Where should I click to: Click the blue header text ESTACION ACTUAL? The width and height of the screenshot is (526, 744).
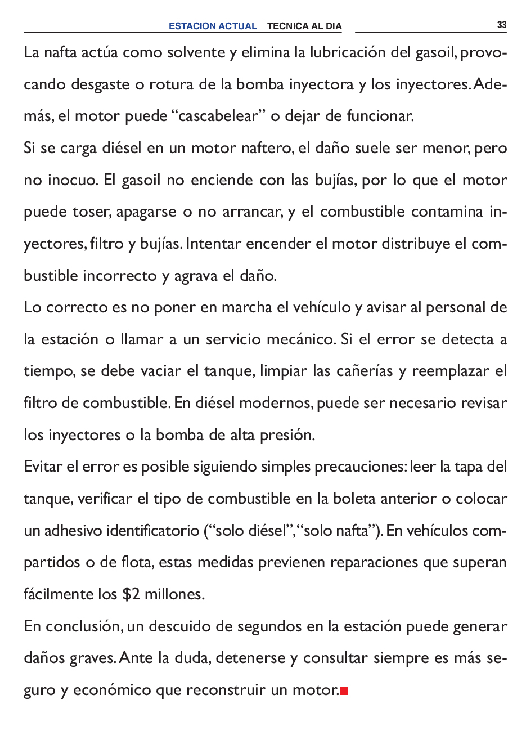(x=213, y=26)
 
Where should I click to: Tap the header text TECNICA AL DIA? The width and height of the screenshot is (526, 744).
(x=304, y=26)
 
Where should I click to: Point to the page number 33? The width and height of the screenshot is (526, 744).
(x=502, y=25)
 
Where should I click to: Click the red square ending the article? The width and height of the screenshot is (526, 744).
(x=345, y=691)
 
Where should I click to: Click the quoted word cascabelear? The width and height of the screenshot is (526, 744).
(x=218, y=116)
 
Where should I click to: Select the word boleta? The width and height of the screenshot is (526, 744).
(x=354, y=499)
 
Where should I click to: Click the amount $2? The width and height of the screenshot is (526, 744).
(x=131, y=594)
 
